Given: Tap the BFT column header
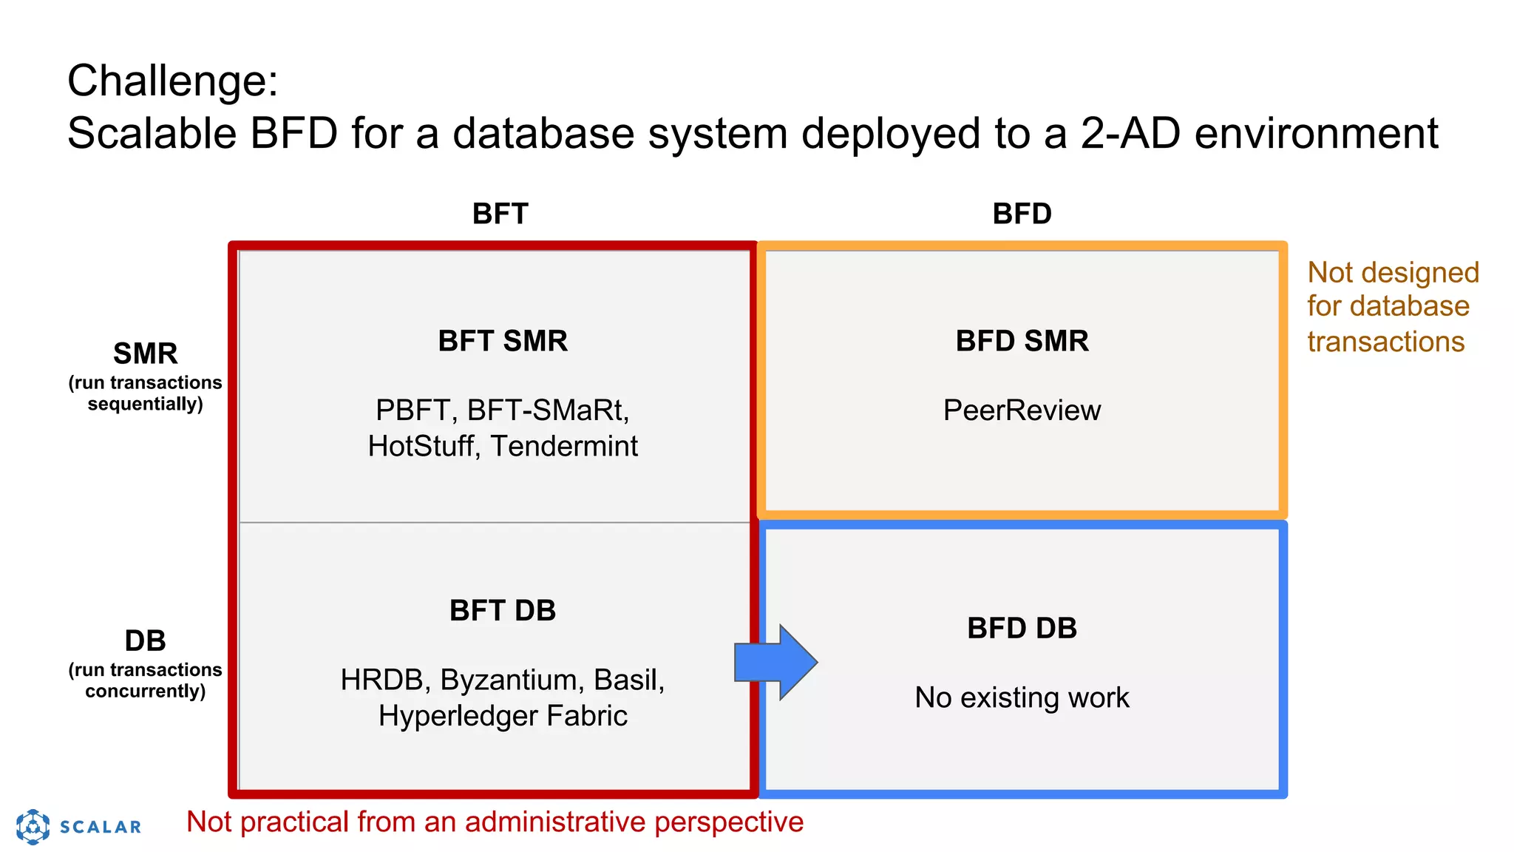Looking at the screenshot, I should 500,214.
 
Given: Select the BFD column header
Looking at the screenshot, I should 1022,214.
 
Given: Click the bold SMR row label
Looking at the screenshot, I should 146,354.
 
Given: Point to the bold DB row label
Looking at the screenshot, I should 146,640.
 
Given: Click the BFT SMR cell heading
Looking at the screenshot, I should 503,341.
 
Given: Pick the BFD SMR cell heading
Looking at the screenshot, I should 1022,341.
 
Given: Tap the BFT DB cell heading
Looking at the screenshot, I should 503,610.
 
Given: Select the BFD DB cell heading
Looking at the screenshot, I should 1022,628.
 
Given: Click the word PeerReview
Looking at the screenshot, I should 1022,410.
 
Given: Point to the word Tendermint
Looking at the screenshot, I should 564,446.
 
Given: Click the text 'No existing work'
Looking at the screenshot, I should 1022,697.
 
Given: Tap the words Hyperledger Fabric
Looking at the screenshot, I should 503,716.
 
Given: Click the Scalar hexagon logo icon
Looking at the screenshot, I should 33,826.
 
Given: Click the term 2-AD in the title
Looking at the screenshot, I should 1130,133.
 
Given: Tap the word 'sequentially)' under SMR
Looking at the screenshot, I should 146,404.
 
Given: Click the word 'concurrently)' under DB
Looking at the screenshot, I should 146,691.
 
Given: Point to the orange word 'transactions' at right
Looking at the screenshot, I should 1385,342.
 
